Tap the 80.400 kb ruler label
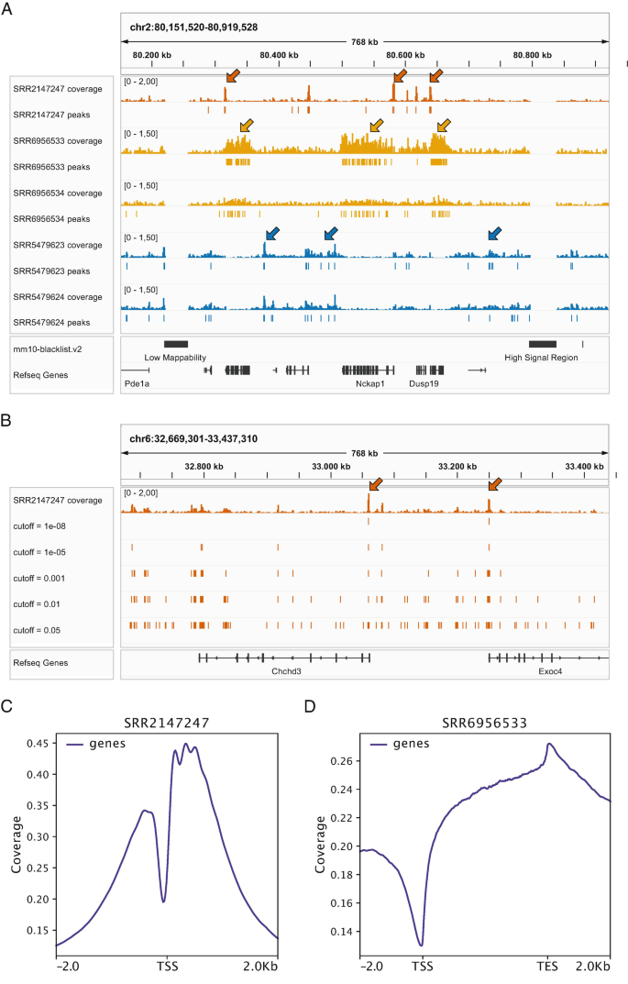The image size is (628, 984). pos(279,55)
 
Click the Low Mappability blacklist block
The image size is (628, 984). pos(175,343)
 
